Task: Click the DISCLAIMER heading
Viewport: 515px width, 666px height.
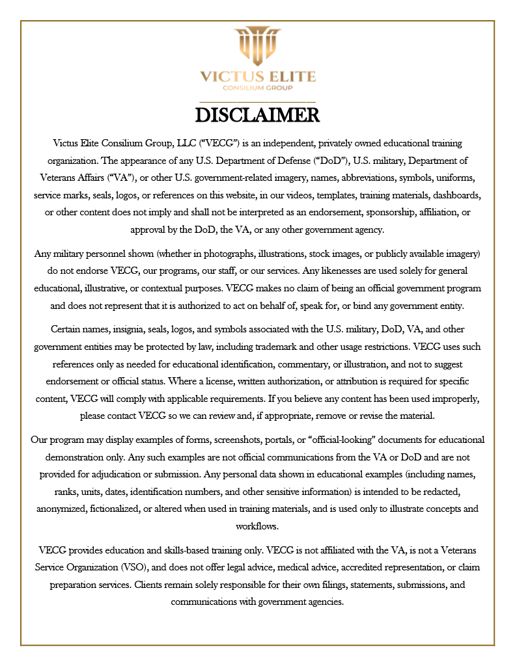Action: pyautogui.click(x=257, y=115)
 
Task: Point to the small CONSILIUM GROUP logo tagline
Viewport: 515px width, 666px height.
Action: pyautogui.click(x=257, y=88)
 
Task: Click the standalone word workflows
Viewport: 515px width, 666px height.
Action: pyautogui.click(x=257, y=526)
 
